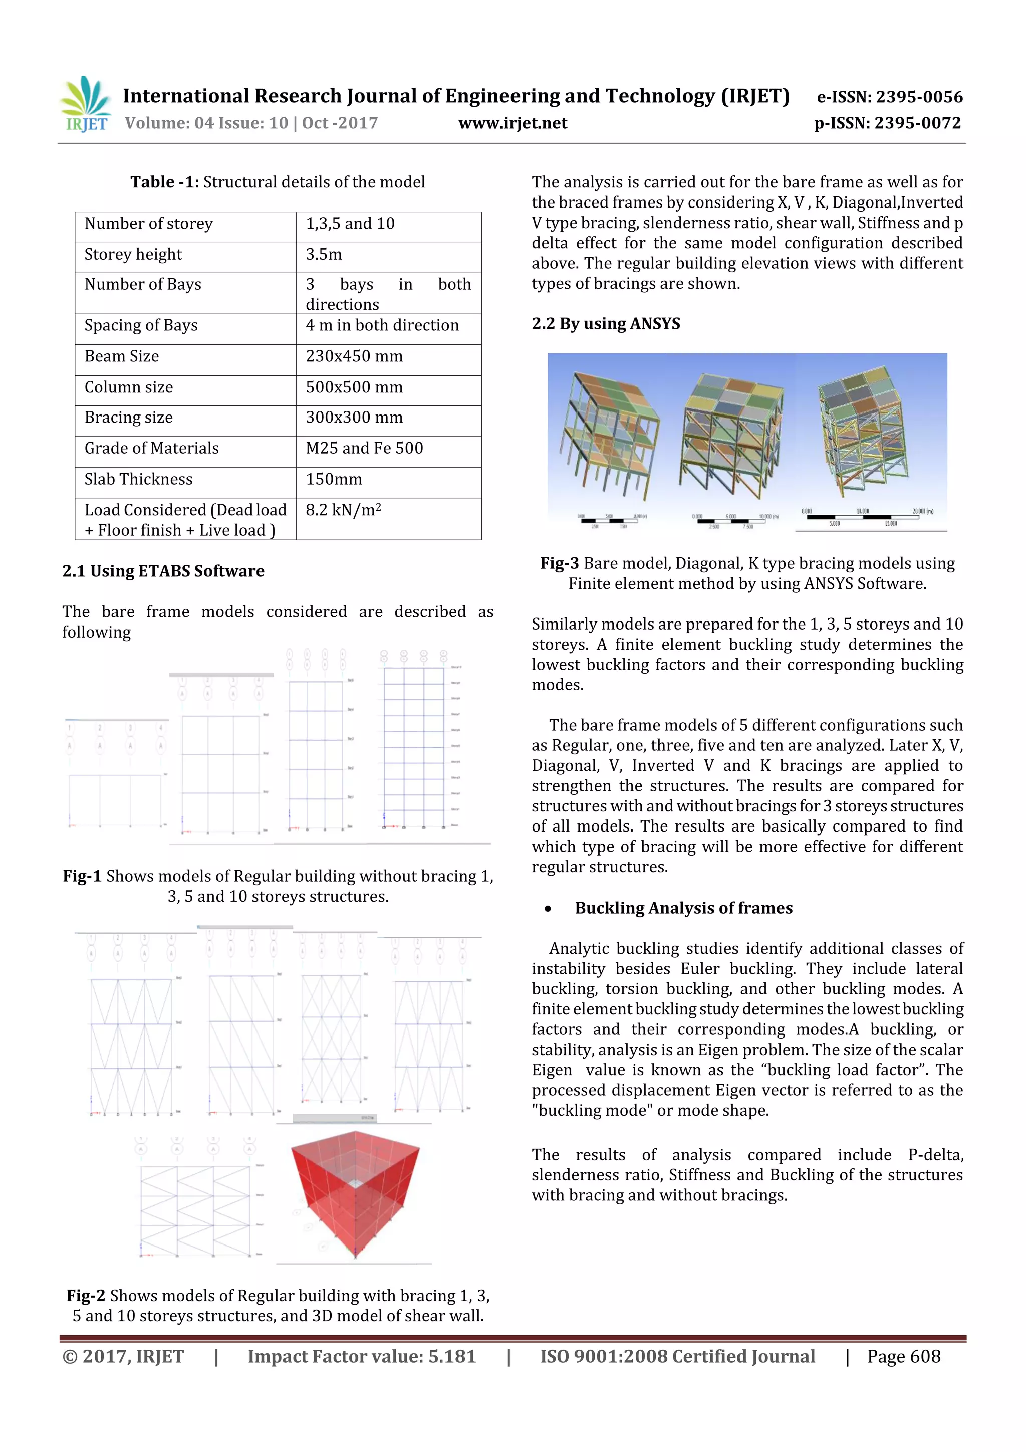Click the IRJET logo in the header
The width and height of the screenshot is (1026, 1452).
tap(85, 105)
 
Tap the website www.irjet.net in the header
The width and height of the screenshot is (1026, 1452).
tap(512, 123)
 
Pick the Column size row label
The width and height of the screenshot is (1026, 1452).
tap(128, 387)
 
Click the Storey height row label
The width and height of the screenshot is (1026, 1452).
tap(133, 254)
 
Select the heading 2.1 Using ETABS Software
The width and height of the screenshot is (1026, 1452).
tap(163, 571)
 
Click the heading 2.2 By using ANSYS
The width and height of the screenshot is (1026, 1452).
tap(605, 324)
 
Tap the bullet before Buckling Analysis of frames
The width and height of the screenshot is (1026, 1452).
tap(548, 909)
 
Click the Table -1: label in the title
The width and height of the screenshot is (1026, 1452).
tap(164, 182)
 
